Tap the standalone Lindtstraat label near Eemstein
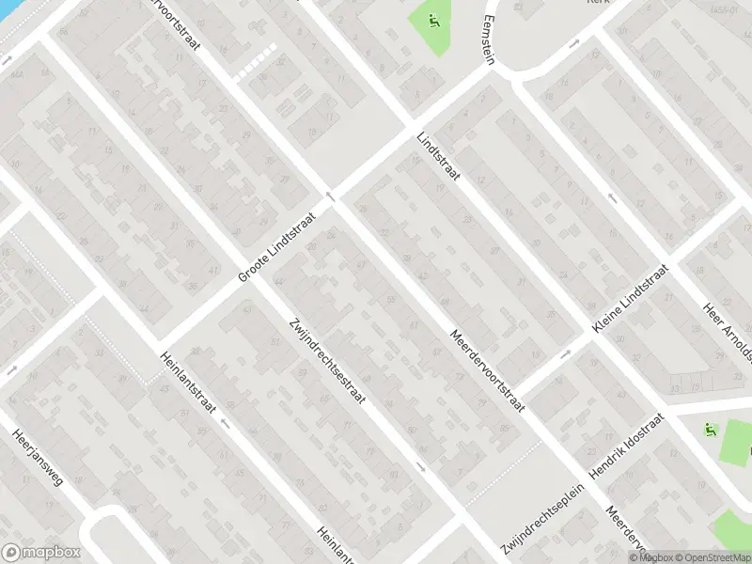tap(439, 157)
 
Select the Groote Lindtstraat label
tap(279, 246)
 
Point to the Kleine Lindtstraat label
tap(629, 297)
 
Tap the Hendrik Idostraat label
tap(627, 445)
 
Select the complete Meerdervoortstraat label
tap(486, 372)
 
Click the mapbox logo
tap(39, 553)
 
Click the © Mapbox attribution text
tap(655, 557)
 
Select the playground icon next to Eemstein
tap(433, 20)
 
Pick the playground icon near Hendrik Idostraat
tap(710, 431)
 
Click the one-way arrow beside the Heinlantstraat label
tap(225, 422)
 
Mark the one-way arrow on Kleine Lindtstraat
tap(566, 354)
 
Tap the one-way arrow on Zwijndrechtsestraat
tap(419, 466)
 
